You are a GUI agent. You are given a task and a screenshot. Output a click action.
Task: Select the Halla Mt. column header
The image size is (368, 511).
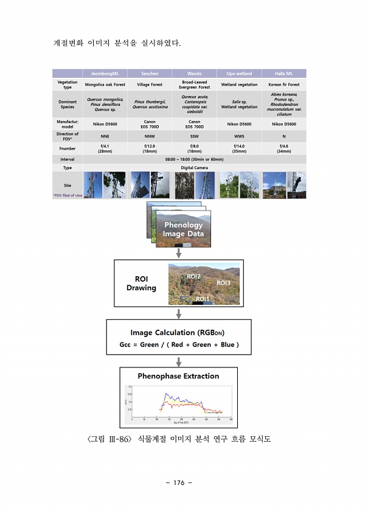283,74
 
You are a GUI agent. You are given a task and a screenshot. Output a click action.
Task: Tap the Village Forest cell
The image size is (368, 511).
148,85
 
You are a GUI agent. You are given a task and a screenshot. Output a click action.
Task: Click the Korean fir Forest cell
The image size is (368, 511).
283,85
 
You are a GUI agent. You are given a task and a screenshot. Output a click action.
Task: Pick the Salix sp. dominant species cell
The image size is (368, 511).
239,104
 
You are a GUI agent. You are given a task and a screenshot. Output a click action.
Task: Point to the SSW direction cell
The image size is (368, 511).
195,136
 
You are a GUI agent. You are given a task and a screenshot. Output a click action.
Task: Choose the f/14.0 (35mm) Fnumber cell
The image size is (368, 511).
239,148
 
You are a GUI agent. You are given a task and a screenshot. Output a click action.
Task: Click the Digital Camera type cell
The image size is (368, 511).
194,167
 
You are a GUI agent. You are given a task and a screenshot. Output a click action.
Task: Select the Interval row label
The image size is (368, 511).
67,159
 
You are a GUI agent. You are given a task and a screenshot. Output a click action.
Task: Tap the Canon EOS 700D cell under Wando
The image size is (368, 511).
195,123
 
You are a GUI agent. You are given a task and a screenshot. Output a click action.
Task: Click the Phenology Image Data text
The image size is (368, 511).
183,229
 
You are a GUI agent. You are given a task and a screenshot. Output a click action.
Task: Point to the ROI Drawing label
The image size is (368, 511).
141,283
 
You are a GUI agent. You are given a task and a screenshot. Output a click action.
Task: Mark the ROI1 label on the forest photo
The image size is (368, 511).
203,299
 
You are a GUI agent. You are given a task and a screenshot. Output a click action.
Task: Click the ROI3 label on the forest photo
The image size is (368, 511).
223,283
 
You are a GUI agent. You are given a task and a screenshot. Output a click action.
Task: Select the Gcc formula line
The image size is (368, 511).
179,345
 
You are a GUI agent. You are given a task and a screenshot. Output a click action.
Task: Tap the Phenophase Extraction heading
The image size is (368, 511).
178,376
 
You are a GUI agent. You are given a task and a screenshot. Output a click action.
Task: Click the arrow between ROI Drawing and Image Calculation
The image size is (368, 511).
179,313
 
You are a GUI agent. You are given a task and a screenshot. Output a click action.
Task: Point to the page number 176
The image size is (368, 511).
178,482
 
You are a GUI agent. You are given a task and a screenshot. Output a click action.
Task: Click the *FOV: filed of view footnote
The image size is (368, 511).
68,195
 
